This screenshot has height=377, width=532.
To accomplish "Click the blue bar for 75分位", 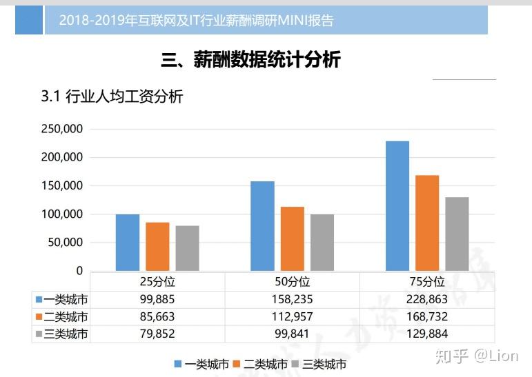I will coord(397,206).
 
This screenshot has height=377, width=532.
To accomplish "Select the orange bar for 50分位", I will coord(292,238).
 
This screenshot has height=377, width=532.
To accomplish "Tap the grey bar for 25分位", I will coord(187,248).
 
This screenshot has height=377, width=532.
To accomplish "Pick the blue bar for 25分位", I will coord(128,243).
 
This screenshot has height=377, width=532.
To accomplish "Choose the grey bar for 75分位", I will coord(457,234).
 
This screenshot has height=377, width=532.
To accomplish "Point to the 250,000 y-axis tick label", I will coord(63,129).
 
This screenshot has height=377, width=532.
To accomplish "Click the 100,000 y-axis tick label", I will coord(63,214).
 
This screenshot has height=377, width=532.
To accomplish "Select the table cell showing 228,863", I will coord(427,299).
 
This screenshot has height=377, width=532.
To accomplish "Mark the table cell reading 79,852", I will coord(157,334).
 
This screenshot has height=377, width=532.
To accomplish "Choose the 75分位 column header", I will coord(427,282).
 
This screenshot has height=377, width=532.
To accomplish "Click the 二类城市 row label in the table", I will coord(66,317).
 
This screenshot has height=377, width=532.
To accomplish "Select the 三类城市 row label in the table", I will coord(66,334).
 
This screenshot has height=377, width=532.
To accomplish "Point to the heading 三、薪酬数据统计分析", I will coord(251,60).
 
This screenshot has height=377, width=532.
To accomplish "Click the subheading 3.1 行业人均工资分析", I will coord(112,97).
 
